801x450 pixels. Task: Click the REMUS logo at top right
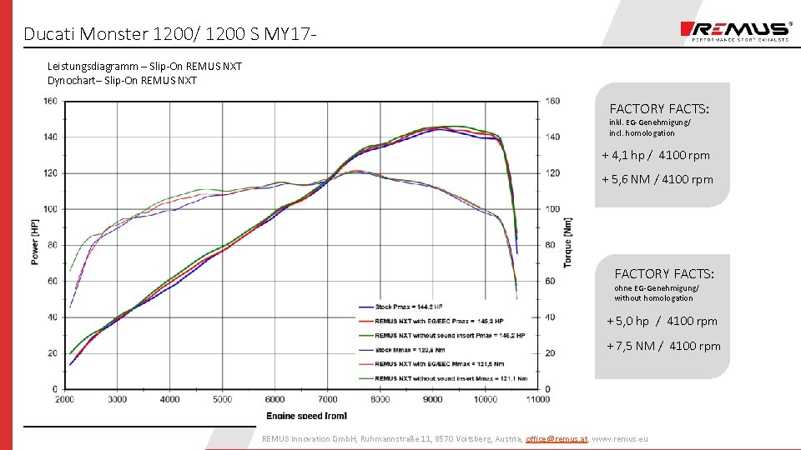pyautogui.click(x=735, y=32)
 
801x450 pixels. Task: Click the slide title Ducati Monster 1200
pyautogui.click(x=170, y=34)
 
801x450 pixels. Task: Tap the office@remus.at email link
pyautogui.click(x=557, y=438)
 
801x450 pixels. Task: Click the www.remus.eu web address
pyautogui.click(x=619, y=438)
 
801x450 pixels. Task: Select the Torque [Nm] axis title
pyautogui.click(x=568, y=242)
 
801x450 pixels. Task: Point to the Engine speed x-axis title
pyautogui.click(x=306, y=415)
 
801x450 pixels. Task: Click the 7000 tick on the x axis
pyautogui.click(x=327, y=399)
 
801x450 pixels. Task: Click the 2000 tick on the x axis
pyautogui.click(x=65, y=399)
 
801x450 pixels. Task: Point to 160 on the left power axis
pyautogui.click(x=51, y=101)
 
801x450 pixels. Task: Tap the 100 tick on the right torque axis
pyautogui.click(x=553, y=209)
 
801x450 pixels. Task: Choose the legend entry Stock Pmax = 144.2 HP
pyautogui.click(x=408, y=307)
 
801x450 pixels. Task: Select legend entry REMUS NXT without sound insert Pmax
pyautogui.click(x=450, y=336)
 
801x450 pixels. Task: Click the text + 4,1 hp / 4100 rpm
pyautogui.click(x=656, y=155)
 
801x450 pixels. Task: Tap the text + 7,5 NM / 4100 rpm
pyautogui.click(x=663, y=346)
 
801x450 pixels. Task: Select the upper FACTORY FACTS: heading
pyautogui.click(x=659, y=108)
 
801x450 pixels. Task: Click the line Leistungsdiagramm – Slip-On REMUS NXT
pyautogui.click(x=144, y=66)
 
